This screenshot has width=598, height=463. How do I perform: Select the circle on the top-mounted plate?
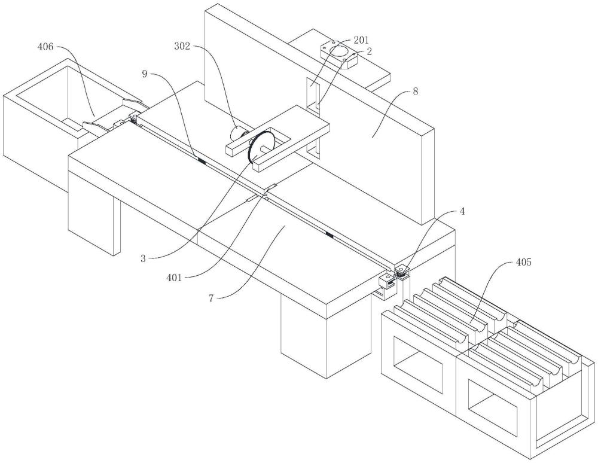coord(340,51)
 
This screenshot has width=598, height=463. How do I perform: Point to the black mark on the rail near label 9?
coord(201,160)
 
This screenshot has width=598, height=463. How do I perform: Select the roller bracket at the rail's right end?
coord(402,272)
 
